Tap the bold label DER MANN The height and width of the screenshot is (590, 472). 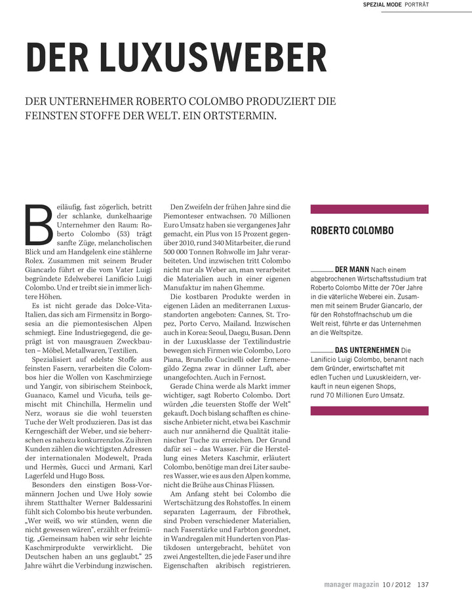click(x=351, y=269)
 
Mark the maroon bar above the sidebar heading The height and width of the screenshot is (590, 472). click(x=369, y=209)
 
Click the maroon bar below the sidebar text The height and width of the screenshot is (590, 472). click(x=369, y=411)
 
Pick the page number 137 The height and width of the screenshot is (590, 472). click(x=423, y=584)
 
